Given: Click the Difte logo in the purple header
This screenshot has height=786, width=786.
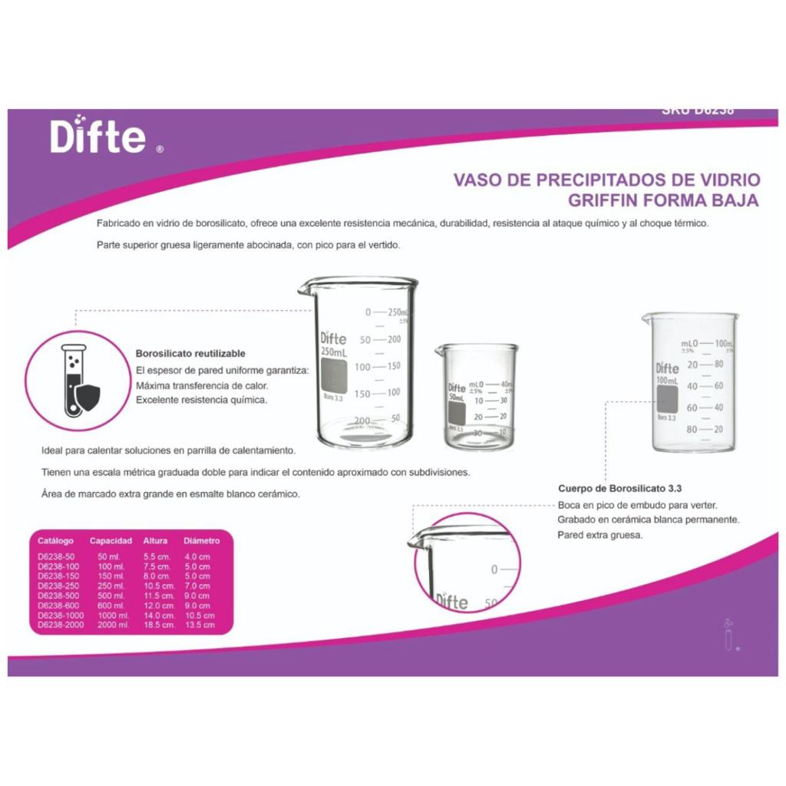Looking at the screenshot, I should point(98,137).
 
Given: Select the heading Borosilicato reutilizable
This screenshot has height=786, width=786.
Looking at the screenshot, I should point(190,354).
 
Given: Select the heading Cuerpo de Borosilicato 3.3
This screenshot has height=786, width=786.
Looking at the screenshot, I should point(619,488).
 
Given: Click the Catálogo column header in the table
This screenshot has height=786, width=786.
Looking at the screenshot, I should point(56,540).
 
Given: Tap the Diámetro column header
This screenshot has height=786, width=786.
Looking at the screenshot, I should point(202,540).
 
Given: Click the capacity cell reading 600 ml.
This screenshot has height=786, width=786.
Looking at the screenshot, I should point(111,606).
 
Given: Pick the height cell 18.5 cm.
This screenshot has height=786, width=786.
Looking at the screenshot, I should point(159,626).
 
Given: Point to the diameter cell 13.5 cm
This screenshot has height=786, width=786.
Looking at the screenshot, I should point(199,626).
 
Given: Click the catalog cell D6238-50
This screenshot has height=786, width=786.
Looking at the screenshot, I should point(55,556).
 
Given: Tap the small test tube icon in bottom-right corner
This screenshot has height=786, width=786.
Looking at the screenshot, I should point(728,634).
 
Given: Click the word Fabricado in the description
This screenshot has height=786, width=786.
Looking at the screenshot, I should point(117,223).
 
